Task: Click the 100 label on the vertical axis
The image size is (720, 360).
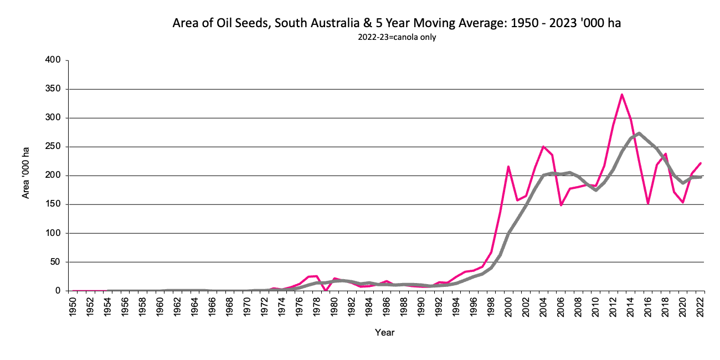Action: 52,233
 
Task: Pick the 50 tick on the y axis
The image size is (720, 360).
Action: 54,262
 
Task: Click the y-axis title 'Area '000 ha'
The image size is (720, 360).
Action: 25,172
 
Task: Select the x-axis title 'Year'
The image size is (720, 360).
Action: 384,332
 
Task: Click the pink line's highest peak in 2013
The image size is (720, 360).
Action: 622,94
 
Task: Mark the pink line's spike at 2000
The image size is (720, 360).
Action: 508,166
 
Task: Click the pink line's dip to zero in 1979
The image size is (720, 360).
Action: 326,290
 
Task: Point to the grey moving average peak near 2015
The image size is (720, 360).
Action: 639,133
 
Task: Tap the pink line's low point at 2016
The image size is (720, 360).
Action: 648,203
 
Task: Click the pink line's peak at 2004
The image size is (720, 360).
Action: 543,146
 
